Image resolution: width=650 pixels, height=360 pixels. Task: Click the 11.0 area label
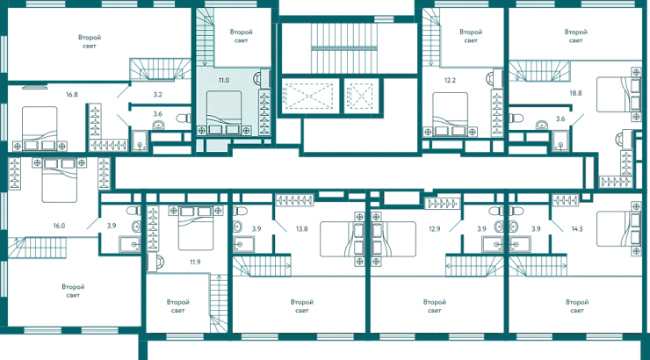pos(224,80)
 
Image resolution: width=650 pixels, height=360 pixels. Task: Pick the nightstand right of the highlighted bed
pos(247,130)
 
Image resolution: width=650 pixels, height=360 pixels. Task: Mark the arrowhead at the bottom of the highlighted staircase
pos(205,64)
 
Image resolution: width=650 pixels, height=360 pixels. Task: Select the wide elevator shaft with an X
pos(307,96)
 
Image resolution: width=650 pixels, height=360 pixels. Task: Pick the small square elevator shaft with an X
pos(359,96)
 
